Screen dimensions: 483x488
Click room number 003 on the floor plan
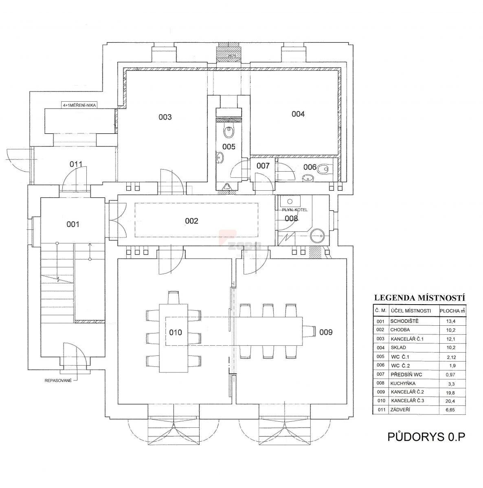pos(165,117)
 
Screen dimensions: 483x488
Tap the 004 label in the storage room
pos(298,114)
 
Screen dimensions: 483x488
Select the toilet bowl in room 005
pos(228,132)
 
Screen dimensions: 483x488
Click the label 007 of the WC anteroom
pos(263,166)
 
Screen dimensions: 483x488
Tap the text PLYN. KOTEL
pos(295,210)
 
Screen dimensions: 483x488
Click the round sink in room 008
pos(317,236)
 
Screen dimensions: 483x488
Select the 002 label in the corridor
pos(191,221)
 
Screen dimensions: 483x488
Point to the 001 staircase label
pos(73,224)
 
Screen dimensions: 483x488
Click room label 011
pos(76,164)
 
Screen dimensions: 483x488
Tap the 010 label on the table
pos(176,332)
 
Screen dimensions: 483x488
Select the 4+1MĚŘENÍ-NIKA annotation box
pos(79,105)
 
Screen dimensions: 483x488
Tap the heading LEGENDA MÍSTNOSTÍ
pos(420,298)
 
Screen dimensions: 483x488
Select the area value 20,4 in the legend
pos(450,401)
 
